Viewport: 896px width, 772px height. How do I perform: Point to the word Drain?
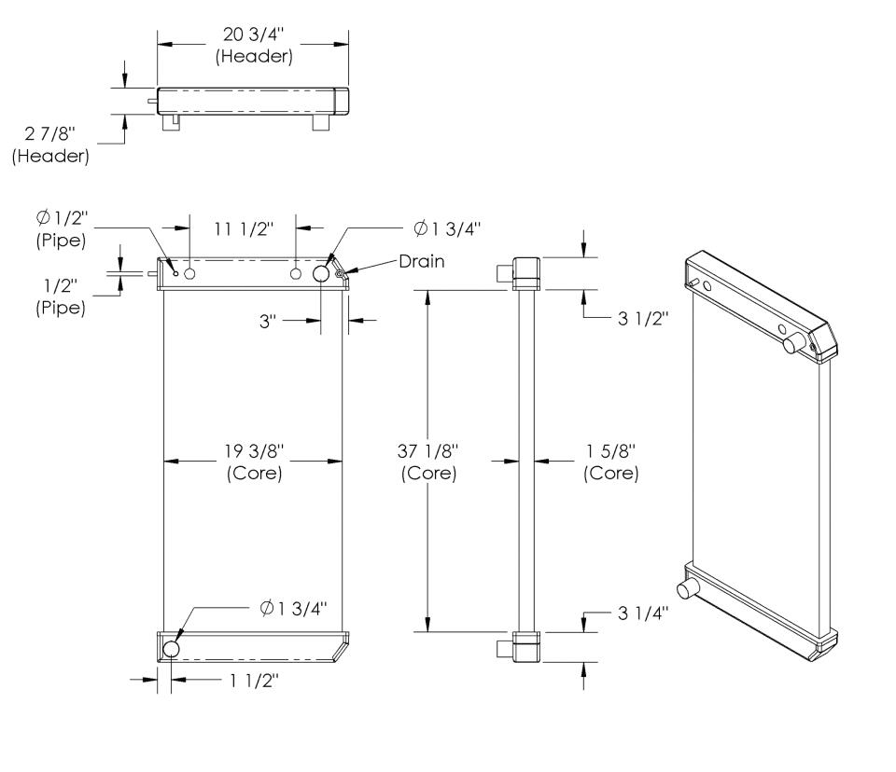click(x=421, y=261)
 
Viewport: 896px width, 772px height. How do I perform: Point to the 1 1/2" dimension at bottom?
click(x=252, y=680)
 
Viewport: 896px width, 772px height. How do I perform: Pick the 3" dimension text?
click(x=270, y=320)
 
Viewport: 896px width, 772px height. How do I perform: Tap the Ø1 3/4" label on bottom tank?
click(x=295, y=609)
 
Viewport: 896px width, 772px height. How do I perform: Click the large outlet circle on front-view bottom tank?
click(x=172, y=648)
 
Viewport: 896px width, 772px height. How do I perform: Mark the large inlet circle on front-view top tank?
click(x=322, y=273)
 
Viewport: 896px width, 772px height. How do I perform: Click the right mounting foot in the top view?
click(x=320, y=122)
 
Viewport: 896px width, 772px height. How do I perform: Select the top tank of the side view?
click(x=526, y=273)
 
